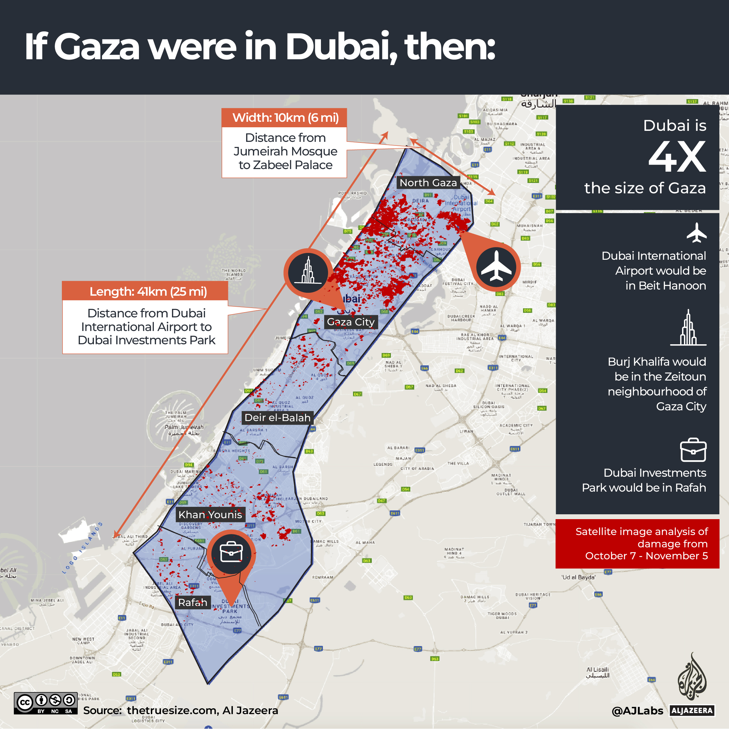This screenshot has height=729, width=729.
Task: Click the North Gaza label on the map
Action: click(428, 183)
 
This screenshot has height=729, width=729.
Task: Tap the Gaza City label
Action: click(350, 322)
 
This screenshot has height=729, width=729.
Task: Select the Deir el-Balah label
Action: click(277, 418)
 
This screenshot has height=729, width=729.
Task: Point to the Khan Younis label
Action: click(210, 514)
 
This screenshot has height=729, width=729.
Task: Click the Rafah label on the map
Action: click(192, 602)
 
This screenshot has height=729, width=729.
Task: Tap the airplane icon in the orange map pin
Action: click(496, 267)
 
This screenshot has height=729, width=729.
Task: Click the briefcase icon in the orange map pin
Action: click(231, 553)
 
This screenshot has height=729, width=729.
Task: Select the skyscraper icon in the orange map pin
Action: click(308, 272)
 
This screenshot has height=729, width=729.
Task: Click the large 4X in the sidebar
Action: click(677, 157)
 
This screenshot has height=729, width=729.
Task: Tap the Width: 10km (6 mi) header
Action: click(285, 118)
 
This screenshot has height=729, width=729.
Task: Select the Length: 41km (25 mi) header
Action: click(148, 291)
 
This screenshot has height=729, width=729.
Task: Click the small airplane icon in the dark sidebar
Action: click(697, 233)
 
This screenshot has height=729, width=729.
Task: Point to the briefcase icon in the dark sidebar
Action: click(693, 450)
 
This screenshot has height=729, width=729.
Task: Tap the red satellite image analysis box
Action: click(637, 543)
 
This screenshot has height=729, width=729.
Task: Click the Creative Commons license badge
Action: click(46, 703)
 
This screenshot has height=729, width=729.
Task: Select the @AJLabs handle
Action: click(637, 711)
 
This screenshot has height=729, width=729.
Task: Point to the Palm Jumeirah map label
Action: click(184, 427)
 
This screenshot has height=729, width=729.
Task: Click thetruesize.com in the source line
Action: click(172, 710)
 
